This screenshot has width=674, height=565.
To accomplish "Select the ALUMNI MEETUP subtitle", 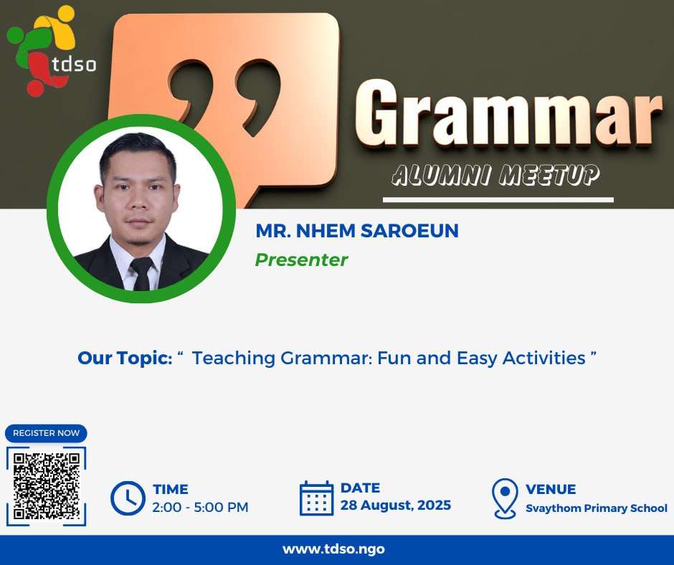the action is coord(495,175).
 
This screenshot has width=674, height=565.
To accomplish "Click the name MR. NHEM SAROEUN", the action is coord(357,231).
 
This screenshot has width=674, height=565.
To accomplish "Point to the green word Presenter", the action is coord(301,260).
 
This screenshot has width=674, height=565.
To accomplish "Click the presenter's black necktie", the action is coord(141,274).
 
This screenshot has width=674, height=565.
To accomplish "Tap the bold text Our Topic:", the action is coord(125,358).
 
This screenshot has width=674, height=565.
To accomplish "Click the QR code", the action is coord(47,486).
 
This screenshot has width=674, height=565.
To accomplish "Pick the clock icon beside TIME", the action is coord(128,498).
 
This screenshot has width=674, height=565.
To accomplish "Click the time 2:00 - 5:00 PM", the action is coord(200,508).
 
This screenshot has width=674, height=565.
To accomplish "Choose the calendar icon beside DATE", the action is coord(316,498).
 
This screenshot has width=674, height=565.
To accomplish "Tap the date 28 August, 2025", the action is coord(396,505).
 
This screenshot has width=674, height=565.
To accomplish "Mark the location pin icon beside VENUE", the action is coord(505,498).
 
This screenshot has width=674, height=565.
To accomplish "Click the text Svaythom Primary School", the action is coord(597,508).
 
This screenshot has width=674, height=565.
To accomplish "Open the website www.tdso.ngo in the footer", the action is coord(333,549).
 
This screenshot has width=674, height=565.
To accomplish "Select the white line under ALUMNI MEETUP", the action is coord(498,199).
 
